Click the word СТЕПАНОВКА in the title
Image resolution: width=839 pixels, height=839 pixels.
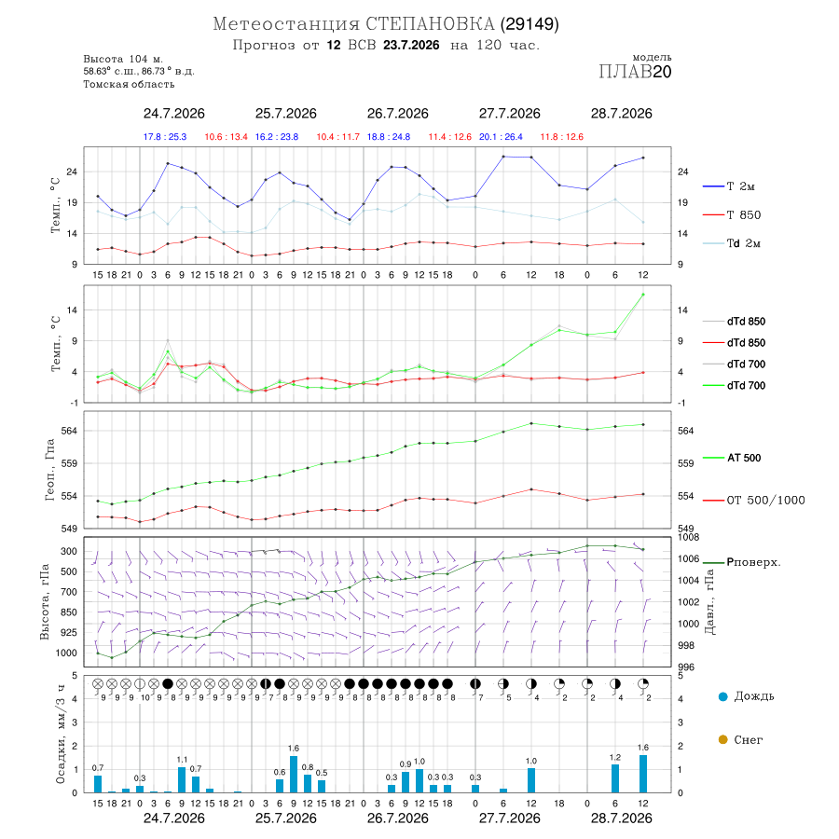(430, 24)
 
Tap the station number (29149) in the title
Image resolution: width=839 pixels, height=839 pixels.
(530, 24)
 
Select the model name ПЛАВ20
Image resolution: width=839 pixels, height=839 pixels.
(635, 72)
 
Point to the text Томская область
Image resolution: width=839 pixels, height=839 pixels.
(129, 84)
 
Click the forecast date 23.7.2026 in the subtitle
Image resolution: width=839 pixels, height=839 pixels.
(411, 45)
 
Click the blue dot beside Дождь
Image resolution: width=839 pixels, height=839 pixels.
(722, 696)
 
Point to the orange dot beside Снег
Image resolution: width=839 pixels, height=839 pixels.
(722, 739)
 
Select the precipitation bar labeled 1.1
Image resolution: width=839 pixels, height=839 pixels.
(182, 779)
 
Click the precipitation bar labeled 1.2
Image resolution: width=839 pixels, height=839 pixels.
(615, 778)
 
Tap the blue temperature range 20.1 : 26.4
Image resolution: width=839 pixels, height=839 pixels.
(501, 137)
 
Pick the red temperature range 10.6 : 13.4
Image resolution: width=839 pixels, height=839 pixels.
(226, 137)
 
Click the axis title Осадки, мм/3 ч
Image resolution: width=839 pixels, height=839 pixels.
(60, 735)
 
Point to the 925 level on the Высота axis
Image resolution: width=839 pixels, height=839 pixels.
(68, 632)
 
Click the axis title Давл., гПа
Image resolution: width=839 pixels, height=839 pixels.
(709, 602)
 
